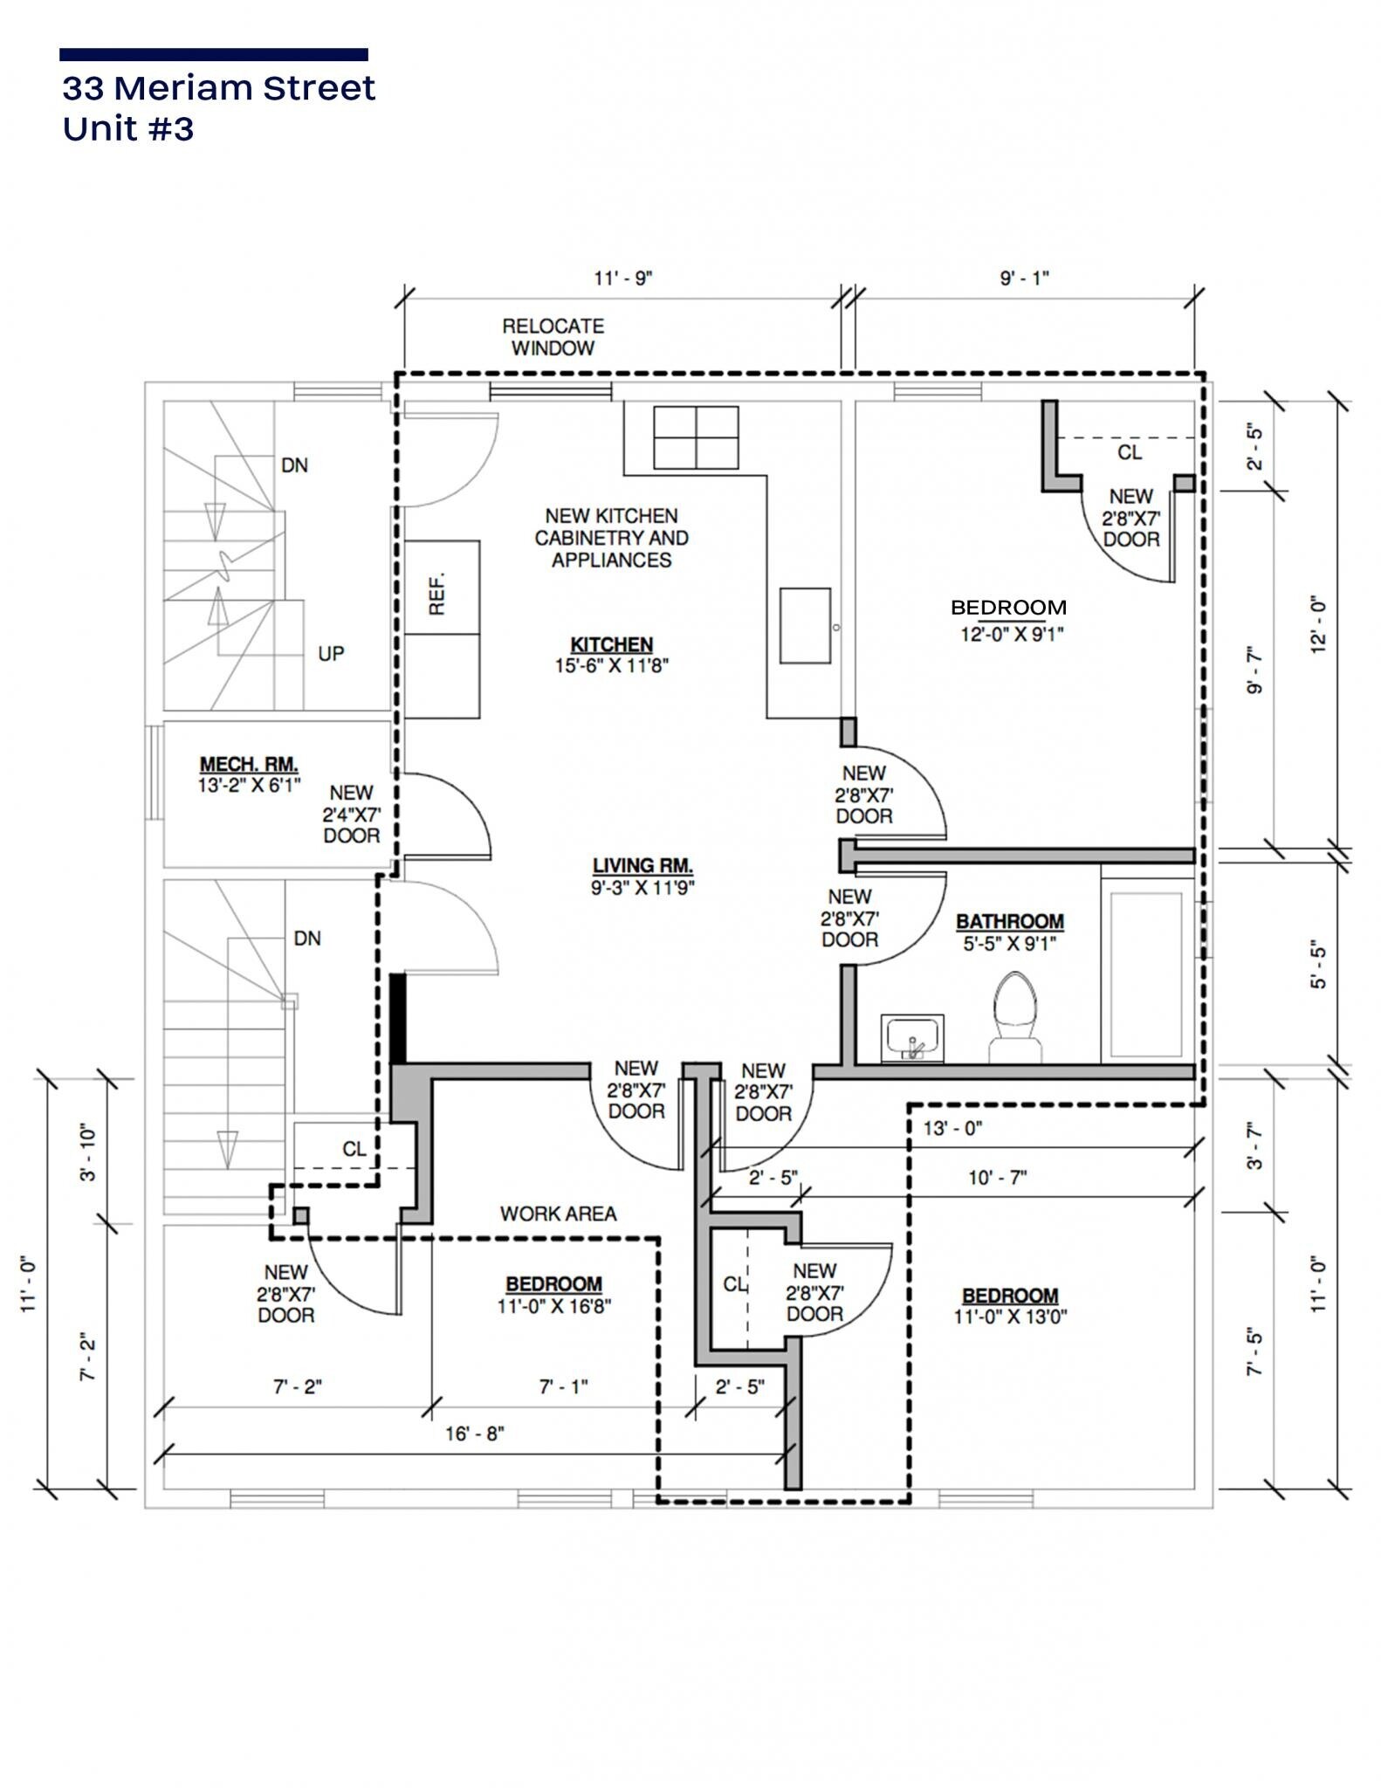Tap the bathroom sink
pyautogui.click(x=912, y=1039)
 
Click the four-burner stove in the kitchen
pyautogui.click(x=696, y=437)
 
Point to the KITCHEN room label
pyautogui.click(x=611, y=645)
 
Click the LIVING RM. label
pyautogui.click(x=642, y=866)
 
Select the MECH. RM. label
pyautogui.click(x=249, y=765)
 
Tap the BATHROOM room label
pyautogui.click(x=1010, y=922)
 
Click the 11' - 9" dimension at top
pyautogui.click(x=623, y=279)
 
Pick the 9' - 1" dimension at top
pyautogui.click(x=1024, y=279)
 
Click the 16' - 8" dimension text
pyautogui.click(x=475, y=1434)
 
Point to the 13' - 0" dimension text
pyautogui.click(x=952, y=1129)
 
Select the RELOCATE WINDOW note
pyautogui.click(x=553, y=337)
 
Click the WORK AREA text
pyautogui.click(x=558, y=1214)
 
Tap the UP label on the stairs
pyautogui.click(x=331, y=654)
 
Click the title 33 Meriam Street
pyautogui.click(x=218, y=88)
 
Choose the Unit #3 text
pyautogui.click(x=128, y=129)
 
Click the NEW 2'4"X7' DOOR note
pyautogui.click(x=352, y=815)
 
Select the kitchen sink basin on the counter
pyautogui.click(x=805, y=625)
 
